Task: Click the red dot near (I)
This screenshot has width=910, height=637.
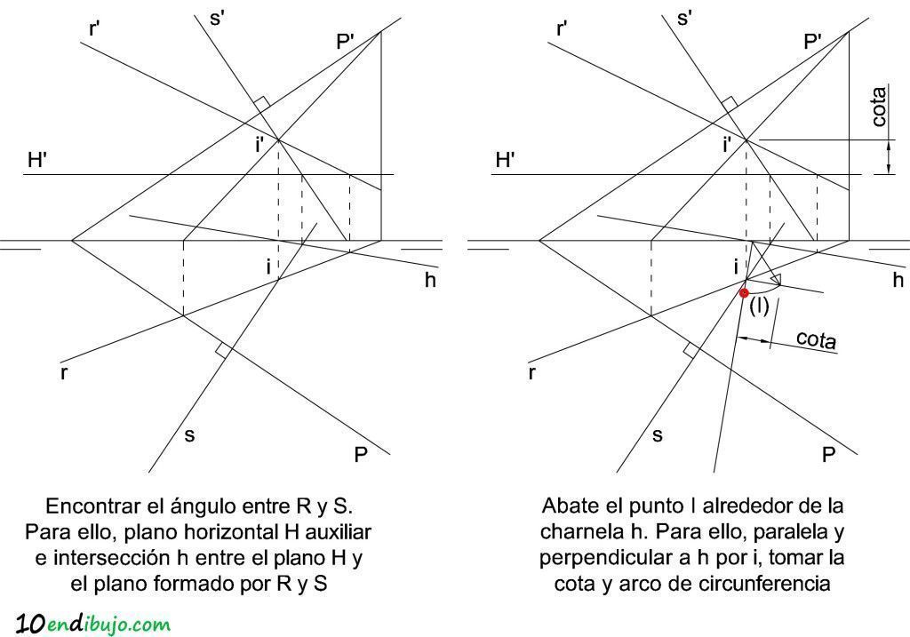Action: tap(744, 293)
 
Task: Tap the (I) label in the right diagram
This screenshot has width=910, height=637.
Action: tap(759, 306)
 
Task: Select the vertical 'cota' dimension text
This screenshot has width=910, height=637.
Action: tap(879, 107)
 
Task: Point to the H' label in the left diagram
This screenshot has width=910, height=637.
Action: tap(37, 160)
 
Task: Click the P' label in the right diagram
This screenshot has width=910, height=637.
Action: tap(812, 42)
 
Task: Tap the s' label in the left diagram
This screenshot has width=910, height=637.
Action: tap(217, 18)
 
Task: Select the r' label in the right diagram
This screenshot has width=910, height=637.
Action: tap(562, 28)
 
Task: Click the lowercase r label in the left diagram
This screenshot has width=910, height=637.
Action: tap(63, 372)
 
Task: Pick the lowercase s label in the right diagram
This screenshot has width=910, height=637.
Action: tap(658, 435)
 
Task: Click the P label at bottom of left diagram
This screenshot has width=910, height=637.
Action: tap(361, 454)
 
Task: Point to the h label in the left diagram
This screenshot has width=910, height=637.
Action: tap(430, 280)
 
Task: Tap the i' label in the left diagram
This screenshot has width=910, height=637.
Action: tap(259, 145)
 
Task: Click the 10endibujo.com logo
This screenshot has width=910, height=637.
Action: tap(92, 625)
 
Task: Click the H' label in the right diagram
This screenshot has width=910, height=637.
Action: tap(506, 160)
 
